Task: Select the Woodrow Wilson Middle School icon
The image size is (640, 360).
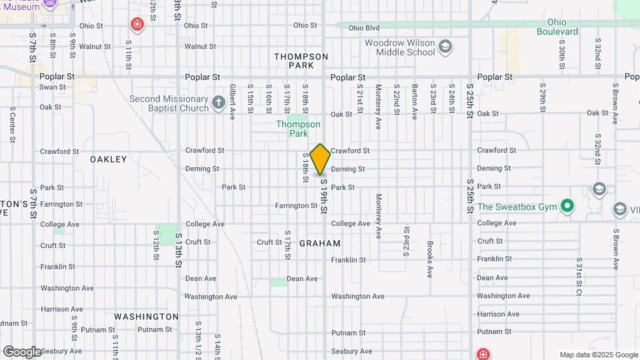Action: coord(445,47)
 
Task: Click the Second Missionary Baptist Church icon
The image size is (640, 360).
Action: coord(219,103)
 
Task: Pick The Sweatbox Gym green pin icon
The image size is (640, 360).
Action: coord(567,206)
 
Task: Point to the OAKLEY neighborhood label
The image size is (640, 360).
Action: coord(109,159)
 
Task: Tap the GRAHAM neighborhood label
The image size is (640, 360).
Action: coord(320,243)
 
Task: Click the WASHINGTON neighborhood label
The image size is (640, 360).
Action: coord(147,317)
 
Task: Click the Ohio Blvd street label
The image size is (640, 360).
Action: coord(363,28)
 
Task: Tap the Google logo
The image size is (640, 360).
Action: coord(22,352)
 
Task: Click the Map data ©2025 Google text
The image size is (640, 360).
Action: coord(599,355)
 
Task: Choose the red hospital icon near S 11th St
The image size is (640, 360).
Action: coord(137,25)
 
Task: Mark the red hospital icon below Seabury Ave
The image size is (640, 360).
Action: coord(483,353)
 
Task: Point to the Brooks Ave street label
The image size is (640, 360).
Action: coord(431,259)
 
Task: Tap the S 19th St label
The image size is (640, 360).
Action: coord(323,196)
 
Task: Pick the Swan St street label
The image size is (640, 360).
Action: coord(53,87)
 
